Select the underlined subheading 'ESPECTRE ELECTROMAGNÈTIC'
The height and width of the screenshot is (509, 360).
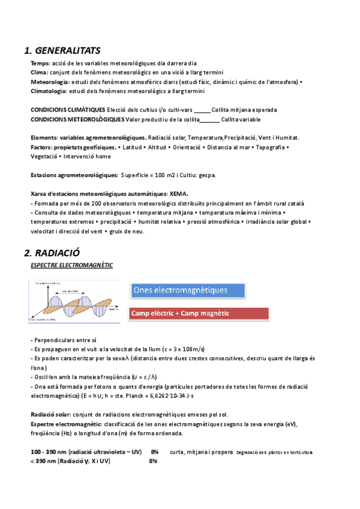[x=71, y=265]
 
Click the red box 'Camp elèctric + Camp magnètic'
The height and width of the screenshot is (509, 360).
[x=198, y=313]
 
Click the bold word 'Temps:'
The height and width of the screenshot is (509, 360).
[x=40, y=64]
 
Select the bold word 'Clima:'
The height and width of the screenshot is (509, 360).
[x=40, y=73]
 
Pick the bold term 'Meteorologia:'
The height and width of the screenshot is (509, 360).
[x=49, y=82]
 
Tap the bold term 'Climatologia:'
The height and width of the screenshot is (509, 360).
[x=49, y=91]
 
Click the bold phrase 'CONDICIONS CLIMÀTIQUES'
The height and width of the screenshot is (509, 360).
[x=67, y=110]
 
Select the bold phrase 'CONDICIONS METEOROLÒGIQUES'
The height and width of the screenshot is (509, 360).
[x=73, y=119]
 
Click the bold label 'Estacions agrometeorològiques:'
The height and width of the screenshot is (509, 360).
[x=74, y=175]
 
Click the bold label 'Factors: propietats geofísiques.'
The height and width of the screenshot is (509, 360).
[x=73, y=147]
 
